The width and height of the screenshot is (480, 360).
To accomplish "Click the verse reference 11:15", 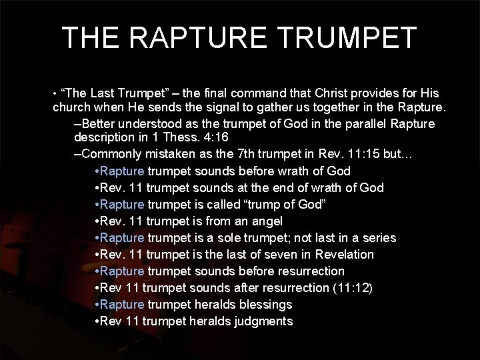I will click(364, 155).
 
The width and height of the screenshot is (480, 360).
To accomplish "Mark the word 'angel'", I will click(267, 221).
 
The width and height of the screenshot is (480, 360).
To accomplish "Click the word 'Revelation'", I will click(343, 255).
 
